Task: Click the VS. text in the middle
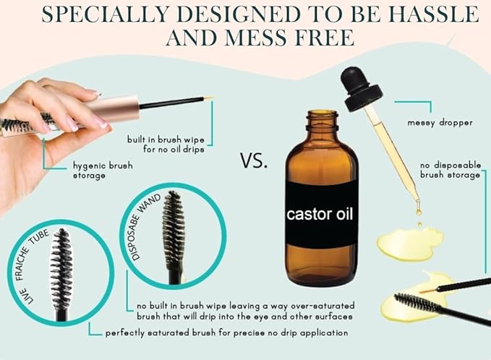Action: (x=255, y=160)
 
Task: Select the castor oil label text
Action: (x=320, y=215)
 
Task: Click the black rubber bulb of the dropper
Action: (x=361, y=89)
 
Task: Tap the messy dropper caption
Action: (x=440, y=123)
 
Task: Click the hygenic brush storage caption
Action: (x=103, y=171)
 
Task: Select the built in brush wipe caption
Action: (x=166, y=144)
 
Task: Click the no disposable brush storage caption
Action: (x=451, y=170)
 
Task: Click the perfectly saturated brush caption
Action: (x=227, y=333)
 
